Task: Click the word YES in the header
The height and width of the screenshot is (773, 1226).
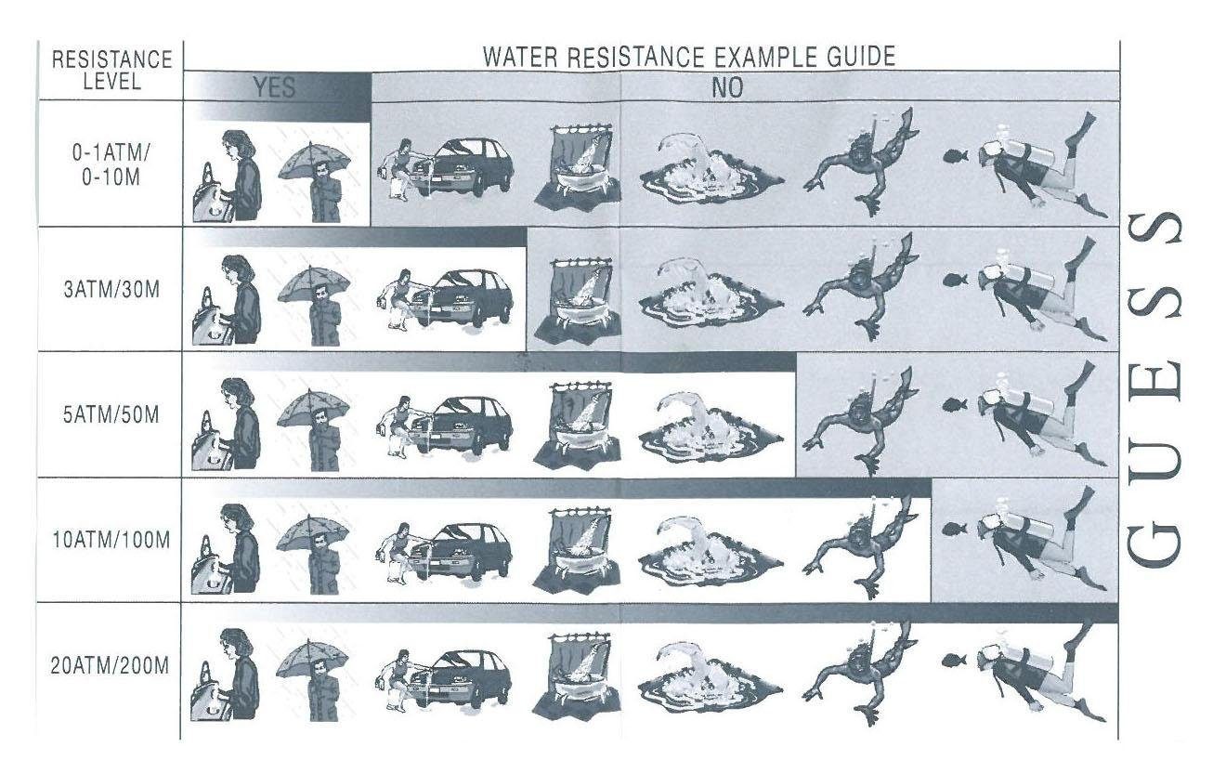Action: (274, 87)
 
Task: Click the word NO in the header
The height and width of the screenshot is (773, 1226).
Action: (727, 87)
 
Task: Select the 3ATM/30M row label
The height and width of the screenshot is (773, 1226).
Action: (111, 290)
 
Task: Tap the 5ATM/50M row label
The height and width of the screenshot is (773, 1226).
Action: (111, 415)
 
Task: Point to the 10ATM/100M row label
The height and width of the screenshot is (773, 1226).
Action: (111, 541)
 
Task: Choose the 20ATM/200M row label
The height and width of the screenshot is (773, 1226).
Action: (110, 666)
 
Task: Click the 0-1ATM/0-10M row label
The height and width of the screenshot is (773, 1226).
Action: (111, 165)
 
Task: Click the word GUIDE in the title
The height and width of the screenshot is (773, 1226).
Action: (861, 57)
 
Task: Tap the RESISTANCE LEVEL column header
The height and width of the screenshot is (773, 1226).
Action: (111, 70)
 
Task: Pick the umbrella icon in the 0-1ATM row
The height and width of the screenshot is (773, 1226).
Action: (315, 180)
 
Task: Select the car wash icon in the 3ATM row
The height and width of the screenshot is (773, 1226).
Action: (444, 299)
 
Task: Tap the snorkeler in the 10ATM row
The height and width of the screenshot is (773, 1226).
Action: (860, 546)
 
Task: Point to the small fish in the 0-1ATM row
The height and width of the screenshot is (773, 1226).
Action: (955, 156)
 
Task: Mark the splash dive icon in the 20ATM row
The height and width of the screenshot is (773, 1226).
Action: (710, 678)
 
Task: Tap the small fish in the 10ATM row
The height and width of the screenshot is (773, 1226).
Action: (955, 529)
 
